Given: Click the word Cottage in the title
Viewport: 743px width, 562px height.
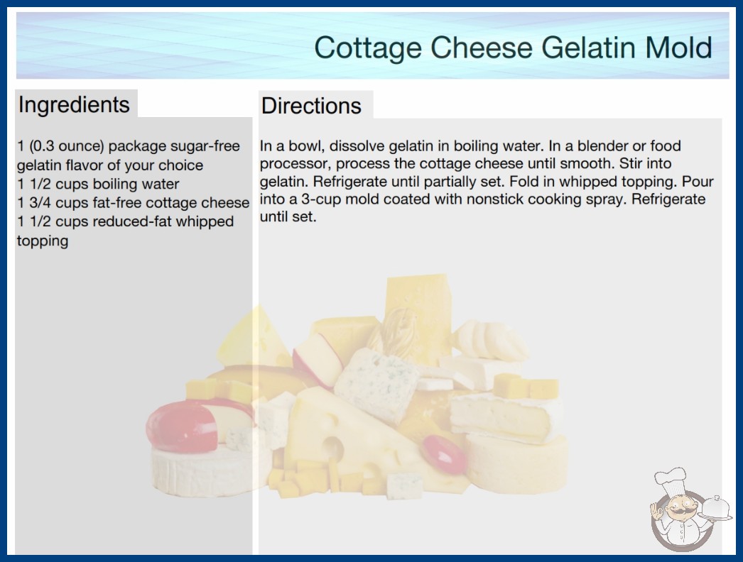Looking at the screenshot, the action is [x=368, y=48].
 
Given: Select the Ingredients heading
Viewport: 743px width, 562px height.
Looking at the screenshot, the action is [x=74, y=104].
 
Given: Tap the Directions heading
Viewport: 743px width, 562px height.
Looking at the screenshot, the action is [x=311, y=106].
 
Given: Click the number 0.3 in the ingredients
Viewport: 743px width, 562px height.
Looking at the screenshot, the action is [x=42, y=146].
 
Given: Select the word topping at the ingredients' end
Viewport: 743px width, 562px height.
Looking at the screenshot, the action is [x=43, y=241].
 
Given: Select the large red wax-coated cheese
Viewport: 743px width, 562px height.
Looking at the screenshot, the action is [x=181, y=427].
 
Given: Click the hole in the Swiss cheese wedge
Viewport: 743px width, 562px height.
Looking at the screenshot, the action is [x=333, y=448].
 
